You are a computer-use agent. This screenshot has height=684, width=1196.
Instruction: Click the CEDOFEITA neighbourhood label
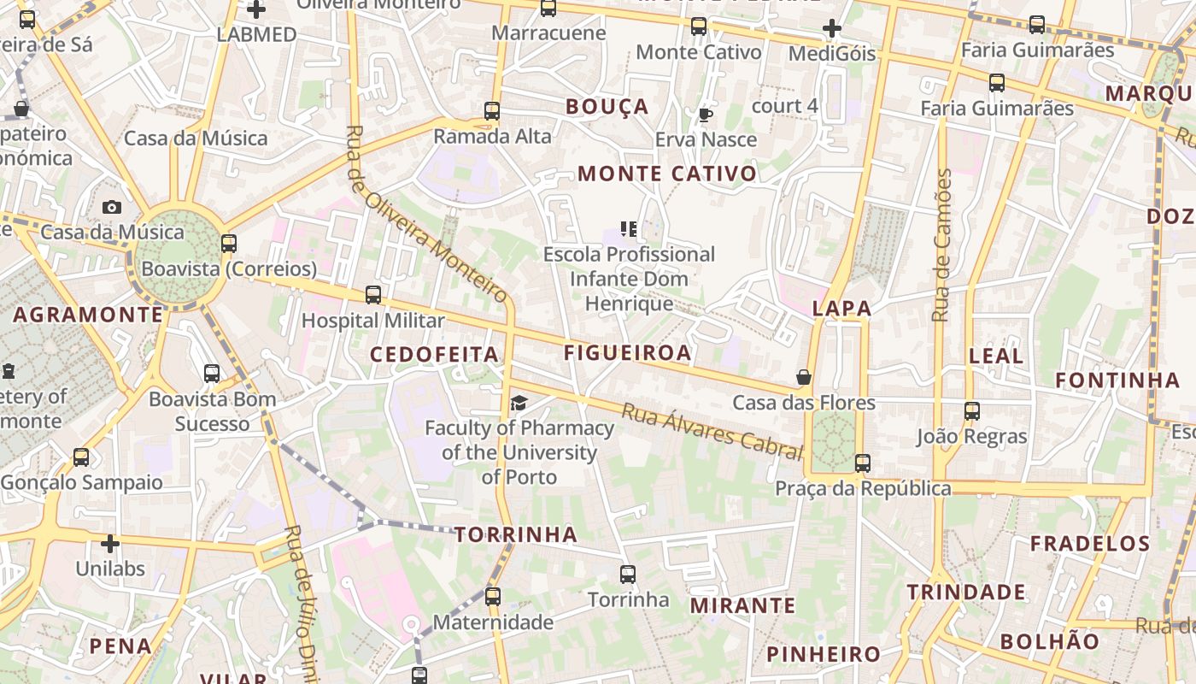(434, 354)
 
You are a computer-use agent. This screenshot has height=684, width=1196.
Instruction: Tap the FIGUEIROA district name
(627, 352)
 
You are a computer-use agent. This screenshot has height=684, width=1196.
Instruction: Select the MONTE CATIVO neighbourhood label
(667, 174)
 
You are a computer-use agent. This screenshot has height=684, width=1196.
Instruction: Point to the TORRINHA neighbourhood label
(516, 535)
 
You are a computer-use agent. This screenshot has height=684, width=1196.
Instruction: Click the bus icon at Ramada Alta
(491, 110)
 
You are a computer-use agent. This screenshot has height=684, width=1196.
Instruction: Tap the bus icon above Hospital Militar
(373, 295)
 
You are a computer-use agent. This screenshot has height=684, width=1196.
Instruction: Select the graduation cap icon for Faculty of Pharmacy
(519, 403)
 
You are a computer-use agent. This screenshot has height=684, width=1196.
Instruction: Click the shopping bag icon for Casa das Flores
(804, 377)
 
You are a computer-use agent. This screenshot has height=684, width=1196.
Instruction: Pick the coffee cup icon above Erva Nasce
(706, 115)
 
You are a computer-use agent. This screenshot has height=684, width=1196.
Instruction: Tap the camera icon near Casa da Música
(112, 207)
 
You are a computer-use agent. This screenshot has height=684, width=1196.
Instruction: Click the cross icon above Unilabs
(110, 543)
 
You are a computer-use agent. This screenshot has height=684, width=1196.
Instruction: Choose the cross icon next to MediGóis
(832, 28)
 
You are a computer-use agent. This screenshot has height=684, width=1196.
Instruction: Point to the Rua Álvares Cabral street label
(712, 432)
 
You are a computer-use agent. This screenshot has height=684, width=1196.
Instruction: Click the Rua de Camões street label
(942, 245)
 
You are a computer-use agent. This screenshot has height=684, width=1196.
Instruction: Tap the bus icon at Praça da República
(863, 463)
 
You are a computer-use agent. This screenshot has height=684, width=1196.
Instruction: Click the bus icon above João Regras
(971, 411)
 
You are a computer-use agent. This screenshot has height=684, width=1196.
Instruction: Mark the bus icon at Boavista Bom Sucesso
(212, 374)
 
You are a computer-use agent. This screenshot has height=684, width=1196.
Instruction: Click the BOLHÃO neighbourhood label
(1050, 641)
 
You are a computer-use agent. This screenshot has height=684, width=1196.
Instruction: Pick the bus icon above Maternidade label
(493, 597)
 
